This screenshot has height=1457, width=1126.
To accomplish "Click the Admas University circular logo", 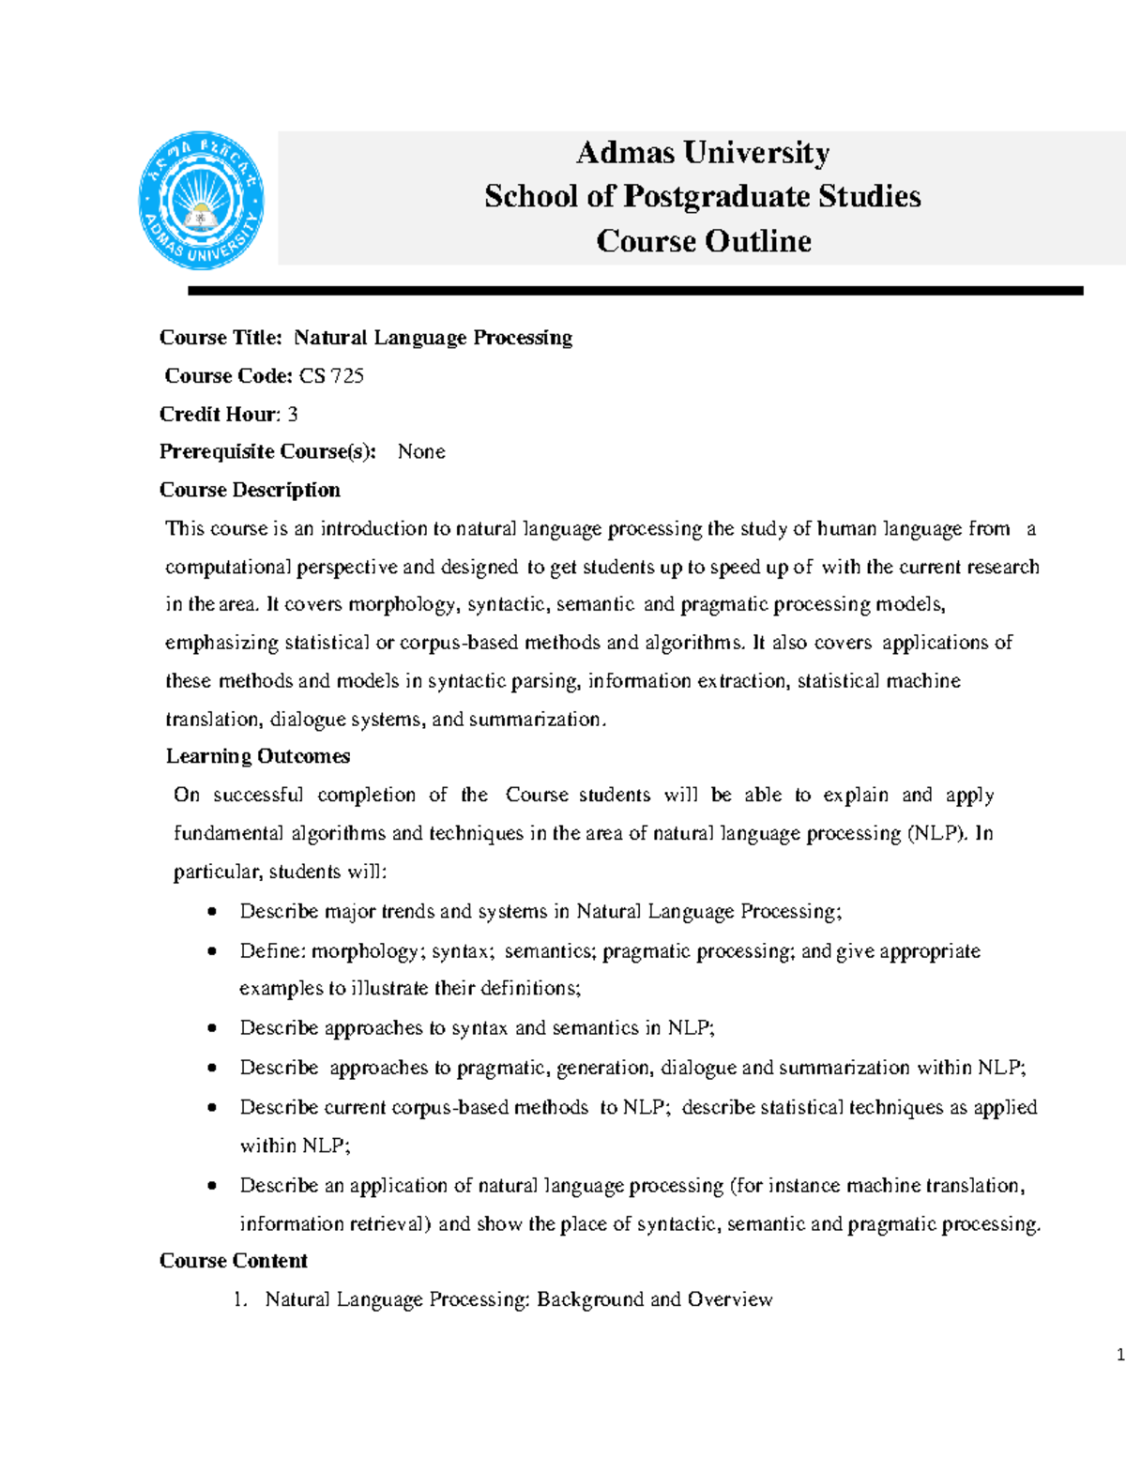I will pyautogui.click(x=201, y=201).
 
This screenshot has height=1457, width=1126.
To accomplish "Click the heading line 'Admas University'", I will pyautogui.click(x=703, y=152).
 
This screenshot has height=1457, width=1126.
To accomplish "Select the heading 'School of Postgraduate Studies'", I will pyautogui.click(x=703, y=196).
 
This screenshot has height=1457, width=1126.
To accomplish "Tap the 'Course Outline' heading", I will pyautogui.click(x=704, y=241).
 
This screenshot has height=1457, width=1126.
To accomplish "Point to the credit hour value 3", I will pyautogui.click(x=293, y=415).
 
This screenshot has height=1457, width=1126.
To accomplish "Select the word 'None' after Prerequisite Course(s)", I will pyautogui.click(x=421, y=452).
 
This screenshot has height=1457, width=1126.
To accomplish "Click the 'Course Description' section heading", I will pyautogui.click(x=250, y=490).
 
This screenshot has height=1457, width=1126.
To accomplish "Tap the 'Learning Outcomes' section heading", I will pyautogui.click(x=258, y=756).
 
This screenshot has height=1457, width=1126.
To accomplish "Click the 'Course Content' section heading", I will pyautogui.click(x=234, y=1261).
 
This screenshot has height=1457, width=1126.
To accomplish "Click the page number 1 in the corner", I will pyautogui.click(x=1120, y=1355).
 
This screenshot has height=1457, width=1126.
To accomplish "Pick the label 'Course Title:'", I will pyautogui.click(x=221, y=338).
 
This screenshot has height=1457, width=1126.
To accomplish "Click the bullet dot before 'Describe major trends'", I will pyautogui.click(x=213, y=912).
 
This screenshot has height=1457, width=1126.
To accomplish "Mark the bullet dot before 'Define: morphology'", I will pyautogui.click(x=213, y=951).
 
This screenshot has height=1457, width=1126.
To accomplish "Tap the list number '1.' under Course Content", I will pyautogui.click(x=241, y=1300).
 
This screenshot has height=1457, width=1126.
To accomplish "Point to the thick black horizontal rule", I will pyautogui.click(x=635, y=292).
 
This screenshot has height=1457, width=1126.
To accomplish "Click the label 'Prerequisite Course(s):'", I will pyautogui.click(x=267, y=452).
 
